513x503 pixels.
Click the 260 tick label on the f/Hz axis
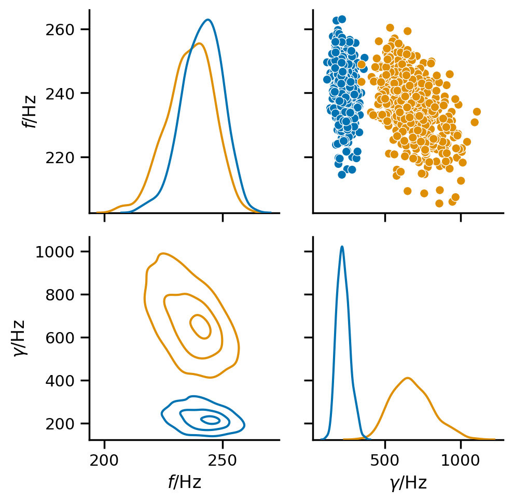60,30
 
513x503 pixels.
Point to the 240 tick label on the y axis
60,94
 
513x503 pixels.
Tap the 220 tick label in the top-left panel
60,158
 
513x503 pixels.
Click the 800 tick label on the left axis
60,295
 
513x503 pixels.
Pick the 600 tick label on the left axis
60,338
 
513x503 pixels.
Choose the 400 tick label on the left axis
60,381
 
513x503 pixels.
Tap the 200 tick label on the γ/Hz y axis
60,424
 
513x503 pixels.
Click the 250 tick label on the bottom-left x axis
223,461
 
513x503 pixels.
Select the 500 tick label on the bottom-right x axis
385,461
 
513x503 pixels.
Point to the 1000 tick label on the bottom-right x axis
461,461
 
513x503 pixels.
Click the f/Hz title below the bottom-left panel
185,482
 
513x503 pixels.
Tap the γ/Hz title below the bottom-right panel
409,483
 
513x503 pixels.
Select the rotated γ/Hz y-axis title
20,338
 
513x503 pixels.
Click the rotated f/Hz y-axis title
30,111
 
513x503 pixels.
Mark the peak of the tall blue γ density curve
342,247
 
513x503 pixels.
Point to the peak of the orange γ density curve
408,378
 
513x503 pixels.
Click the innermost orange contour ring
191,325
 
